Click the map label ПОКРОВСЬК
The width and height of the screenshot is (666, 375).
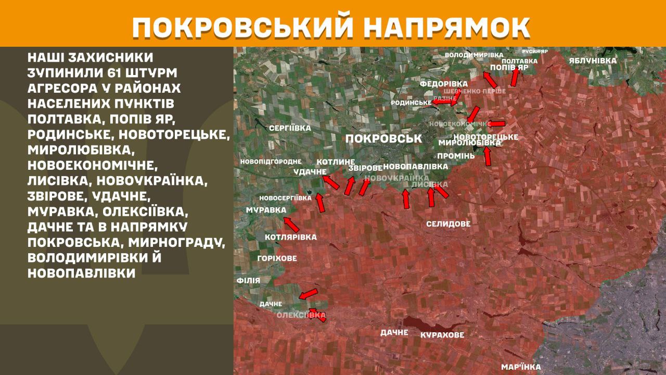tap(383, 139)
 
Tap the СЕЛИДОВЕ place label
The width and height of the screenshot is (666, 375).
tap(448, 224)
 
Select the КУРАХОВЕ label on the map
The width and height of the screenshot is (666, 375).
tap(442, 335)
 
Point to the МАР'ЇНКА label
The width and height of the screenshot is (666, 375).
tap(521, 367)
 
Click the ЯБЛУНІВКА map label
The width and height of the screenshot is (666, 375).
tap(592, 60)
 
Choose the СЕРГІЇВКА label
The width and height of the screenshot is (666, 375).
tap(290, 128)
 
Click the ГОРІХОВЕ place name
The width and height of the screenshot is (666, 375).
tap(277, 258)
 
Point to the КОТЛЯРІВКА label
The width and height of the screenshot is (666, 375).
tap(290, 238)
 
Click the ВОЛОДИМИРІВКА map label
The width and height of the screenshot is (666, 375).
tap(474, 55)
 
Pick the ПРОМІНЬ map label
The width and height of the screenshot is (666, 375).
tap(456, 156)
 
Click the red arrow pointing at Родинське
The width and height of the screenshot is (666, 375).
tap(442, 102)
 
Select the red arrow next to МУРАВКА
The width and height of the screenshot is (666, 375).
tap(291, 224)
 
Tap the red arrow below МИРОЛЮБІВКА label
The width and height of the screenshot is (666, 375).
tap(488, 156)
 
